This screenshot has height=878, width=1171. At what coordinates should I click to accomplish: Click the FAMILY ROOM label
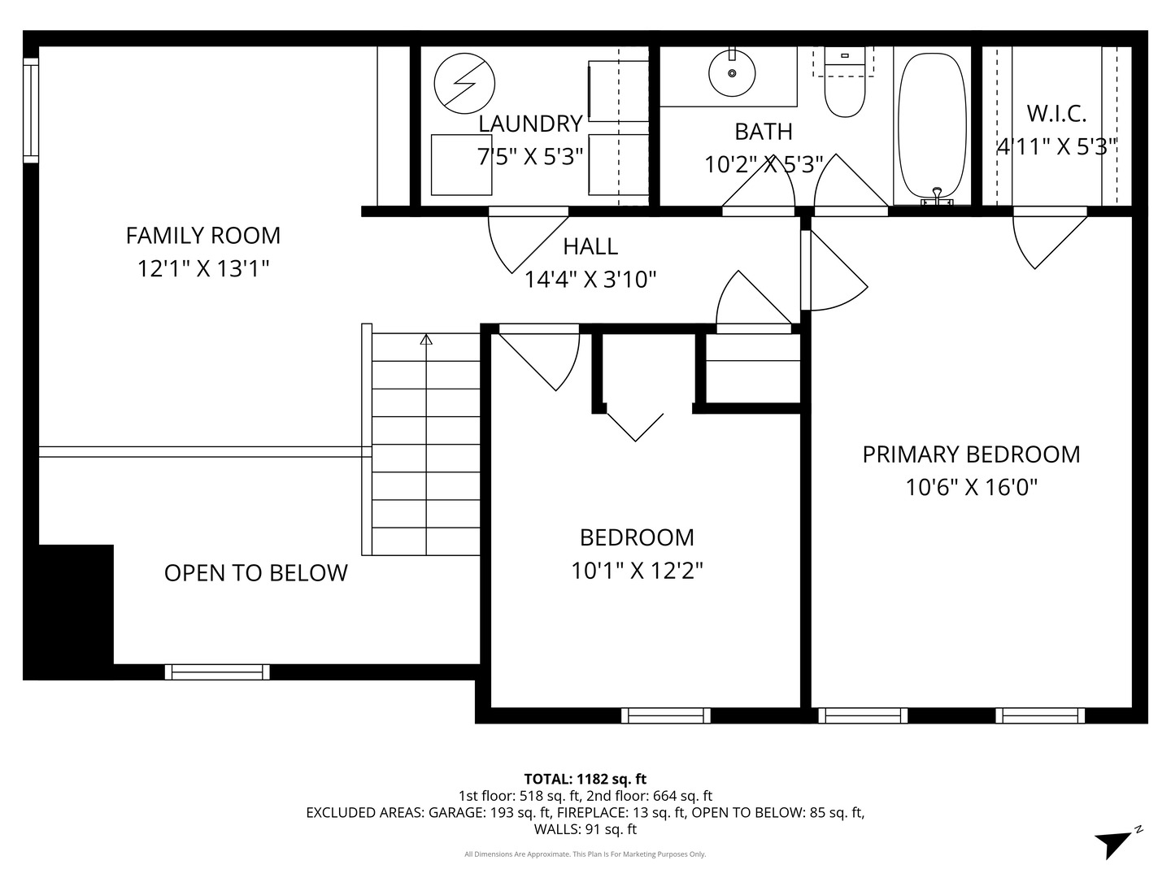click(x=202, y=236)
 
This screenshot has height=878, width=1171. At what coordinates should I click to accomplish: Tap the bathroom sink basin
click(x=732, y=73)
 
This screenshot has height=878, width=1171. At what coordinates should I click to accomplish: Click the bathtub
click(x=932, y=126)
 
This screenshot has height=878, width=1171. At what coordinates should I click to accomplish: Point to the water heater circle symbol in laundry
click(x=464, y=84)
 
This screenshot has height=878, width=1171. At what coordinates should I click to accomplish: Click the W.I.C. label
click(x=1056, y=113)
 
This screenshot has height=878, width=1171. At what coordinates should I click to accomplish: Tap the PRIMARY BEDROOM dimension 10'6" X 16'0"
click(x=972, y=488)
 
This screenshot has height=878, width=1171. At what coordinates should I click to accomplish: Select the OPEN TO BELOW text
click(x=255, y=573)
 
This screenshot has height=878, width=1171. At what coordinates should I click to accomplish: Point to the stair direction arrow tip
click(x=426, y=338)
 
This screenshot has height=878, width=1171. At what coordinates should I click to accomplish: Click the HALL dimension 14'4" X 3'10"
click(x=590, y=280)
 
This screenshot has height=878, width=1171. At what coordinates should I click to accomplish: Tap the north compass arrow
click(x=1115, y=841)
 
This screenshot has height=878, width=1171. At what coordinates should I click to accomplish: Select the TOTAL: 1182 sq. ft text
click(x=585, y=779)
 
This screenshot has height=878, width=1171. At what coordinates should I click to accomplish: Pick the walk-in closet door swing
click(x=1045, y=240)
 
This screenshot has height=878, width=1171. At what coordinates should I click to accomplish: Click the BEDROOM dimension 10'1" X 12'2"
click(x=637, y=571)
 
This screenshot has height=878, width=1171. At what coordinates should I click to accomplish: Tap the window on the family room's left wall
click(x=31, y=110)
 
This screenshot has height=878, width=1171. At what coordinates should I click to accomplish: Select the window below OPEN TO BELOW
click(x=217, y=672)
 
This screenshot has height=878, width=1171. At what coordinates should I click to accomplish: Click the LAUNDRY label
click(x=530, y=124)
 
